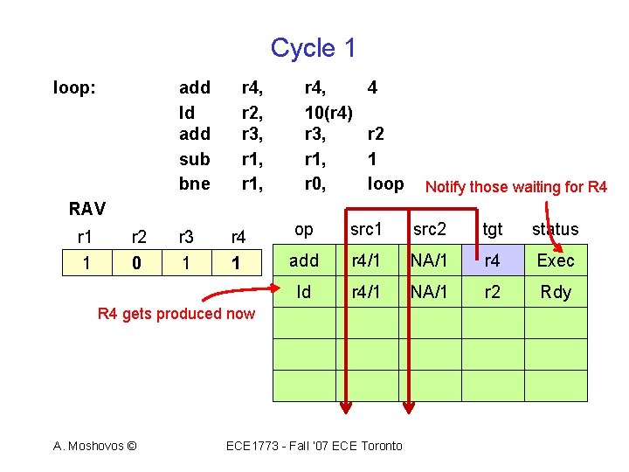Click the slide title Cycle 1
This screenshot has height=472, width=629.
[x=313, y=48]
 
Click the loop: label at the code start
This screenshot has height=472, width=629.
[x=74, y=87]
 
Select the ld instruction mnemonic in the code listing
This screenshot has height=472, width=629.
[x=186, y=112]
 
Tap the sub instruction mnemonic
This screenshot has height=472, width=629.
[x=194, y=159]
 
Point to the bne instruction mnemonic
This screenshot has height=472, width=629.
[x=194, y=184]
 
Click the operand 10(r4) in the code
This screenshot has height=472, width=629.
[x=328, y=112]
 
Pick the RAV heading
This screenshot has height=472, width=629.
[x=87, y=209]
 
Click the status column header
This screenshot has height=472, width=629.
[x=555, y=229]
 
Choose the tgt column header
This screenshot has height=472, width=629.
[x=493, y=229]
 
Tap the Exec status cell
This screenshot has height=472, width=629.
[x=555, y=260]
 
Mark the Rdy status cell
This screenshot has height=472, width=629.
[x=555, y=292]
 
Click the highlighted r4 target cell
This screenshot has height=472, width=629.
[x=493, y=260]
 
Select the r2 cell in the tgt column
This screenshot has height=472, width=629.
[x=493, y=292]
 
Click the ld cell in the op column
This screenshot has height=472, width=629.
[x=303, y=292]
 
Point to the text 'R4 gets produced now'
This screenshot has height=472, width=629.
[x=176, y=314]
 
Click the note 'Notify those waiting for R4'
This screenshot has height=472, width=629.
[x=515, y=186]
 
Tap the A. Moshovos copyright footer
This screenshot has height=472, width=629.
[x=94, y=446]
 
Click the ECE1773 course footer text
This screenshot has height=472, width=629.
[x=314, y=446]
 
